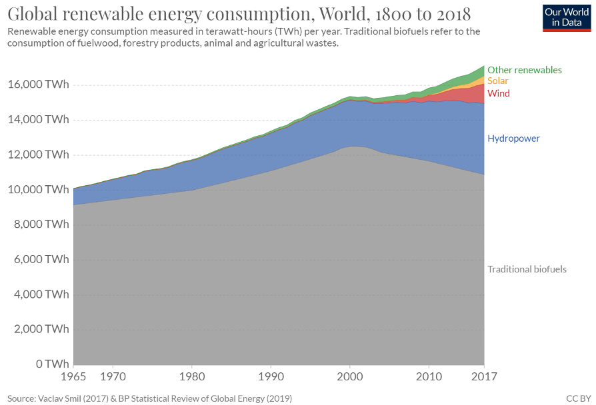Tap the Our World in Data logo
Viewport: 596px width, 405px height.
562,17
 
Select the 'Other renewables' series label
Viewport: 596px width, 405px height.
524,70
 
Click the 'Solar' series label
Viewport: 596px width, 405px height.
498,81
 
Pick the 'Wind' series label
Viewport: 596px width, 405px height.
498,93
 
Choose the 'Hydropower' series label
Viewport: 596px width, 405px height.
513,139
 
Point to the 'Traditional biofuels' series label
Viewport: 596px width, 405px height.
527,269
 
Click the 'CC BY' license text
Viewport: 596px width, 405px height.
577,398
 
